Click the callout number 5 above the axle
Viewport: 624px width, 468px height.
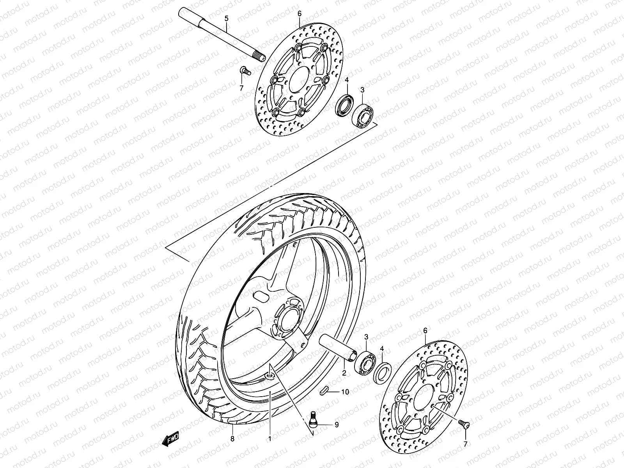pyautogui.click(x=226, y=18)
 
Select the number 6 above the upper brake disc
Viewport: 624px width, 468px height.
pyautogui.click(x=300, y=14)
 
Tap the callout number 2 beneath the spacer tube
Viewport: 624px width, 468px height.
pyautogui.click(x=344, y=373)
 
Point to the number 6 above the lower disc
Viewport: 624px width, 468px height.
pyautogui.click(x=425, y=330)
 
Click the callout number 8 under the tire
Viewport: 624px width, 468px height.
pyautogui.click(x=232, y=439)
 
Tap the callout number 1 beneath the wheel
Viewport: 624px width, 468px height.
pyautogui.click(x=269, y=439)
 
